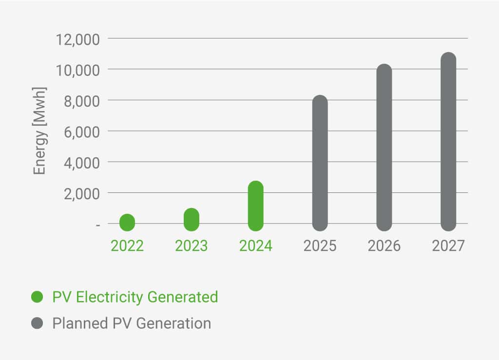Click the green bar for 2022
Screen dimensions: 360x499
[127, 223]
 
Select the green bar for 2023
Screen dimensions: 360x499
[192, 220]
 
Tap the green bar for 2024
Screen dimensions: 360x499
[256, 206]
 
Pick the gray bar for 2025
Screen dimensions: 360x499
[320, 163]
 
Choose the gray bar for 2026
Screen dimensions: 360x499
[384, 148]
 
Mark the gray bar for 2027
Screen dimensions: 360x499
[448, 142]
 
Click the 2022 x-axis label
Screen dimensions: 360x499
[127, 246]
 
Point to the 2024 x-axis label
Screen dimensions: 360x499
[256, 246]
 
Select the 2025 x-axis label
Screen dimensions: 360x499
[320, 246]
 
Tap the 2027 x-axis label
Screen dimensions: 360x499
[448, 246]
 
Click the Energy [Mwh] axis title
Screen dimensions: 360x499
[39, 131]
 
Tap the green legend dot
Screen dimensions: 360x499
[37, 297]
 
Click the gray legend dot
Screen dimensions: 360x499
[37, 323]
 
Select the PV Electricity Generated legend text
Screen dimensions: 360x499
[135, 297]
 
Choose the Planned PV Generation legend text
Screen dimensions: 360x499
[132, 323]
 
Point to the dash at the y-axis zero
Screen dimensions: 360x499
[98, 225]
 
